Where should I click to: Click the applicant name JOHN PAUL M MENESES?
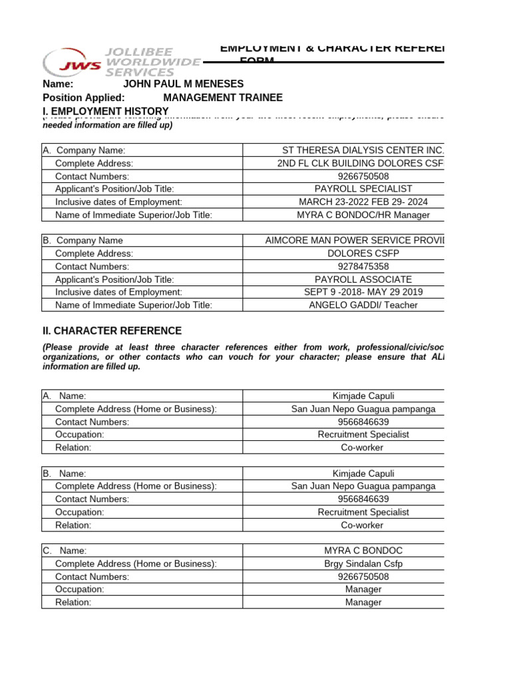(184, 84)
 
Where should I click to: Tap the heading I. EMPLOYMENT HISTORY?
(106, 110)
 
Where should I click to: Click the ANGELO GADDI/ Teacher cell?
(363, 305)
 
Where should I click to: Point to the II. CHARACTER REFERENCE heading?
(112, 331)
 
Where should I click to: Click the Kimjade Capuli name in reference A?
(363, 396)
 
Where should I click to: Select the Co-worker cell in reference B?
(363, 525)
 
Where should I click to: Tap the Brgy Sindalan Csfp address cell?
(363, 563)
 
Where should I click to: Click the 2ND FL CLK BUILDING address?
(360, 163)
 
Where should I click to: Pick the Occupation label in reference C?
(81, 589)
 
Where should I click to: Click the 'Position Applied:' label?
(84, 97)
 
